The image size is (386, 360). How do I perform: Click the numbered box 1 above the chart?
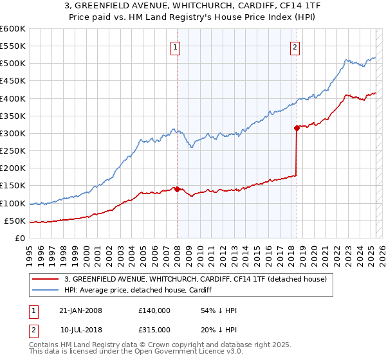point(176,46)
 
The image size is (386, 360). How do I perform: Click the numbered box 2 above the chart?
point(295,46)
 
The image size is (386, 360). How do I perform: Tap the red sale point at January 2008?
point(177,189)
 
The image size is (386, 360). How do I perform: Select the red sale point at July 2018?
point(297,128)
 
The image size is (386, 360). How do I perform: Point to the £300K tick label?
point(13,133)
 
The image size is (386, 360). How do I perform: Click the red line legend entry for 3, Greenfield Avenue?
point(196,279)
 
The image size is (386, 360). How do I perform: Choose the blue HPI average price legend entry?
point(142,290)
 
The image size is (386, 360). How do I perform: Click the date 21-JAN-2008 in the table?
point(80,310)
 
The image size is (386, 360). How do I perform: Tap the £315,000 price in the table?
point(154,330)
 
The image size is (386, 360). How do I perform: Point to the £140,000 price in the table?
point(154,310)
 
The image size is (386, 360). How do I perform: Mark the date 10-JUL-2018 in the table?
point(80,330)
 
